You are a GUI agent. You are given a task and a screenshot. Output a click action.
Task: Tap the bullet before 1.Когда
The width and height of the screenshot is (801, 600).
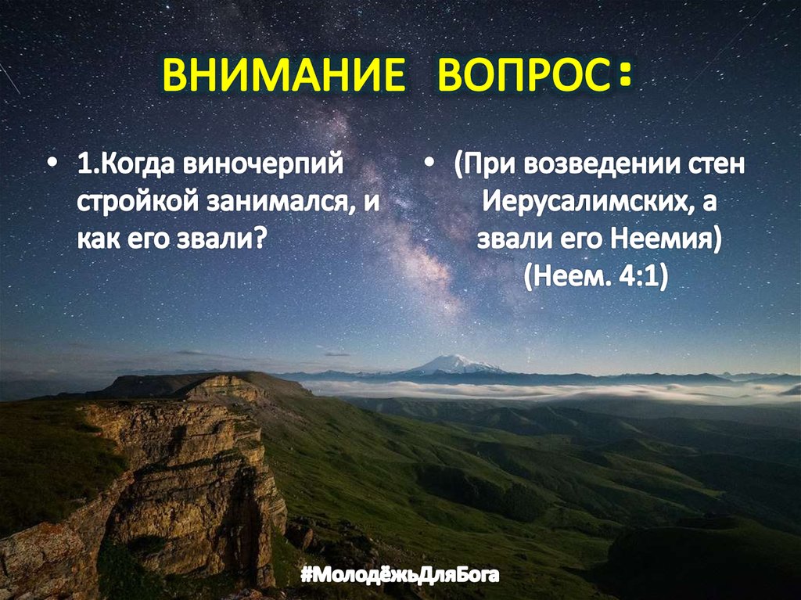pyautogui.click(x=52, y=167)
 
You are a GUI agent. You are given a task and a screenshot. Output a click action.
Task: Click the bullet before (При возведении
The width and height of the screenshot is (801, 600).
pyautogui.click(x=431, y=167)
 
